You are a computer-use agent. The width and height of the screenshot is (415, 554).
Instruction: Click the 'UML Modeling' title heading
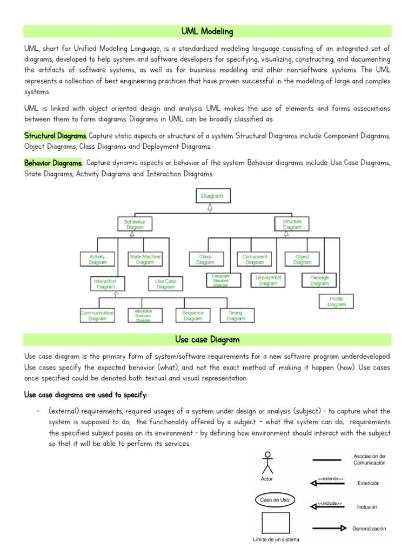(x=207, y=32)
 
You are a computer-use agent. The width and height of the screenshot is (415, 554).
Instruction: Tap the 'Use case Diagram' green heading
(x=207, y=340)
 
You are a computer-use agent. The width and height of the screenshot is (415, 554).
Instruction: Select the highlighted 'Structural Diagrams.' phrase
(x=55, y=135)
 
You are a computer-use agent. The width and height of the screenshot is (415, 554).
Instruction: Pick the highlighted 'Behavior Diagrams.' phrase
(x=53, y=163)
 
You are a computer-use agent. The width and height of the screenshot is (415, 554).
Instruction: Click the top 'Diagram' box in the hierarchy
(x=212, y=196)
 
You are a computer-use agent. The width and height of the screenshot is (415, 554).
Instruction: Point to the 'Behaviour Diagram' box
(x=135, y=225)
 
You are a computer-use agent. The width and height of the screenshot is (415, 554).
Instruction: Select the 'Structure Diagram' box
(x=292, y=225)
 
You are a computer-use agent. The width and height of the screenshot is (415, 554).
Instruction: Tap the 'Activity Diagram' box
(x=97, y=259)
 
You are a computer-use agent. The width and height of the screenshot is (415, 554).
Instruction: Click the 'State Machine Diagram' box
(x=145, y=259)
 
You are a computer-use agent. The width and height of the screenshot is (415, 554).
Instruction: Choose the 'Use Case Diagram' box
(x=165, y=284)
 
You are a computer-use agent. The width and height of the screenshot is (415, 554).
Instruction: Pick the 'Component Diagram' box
(x=255, y=259)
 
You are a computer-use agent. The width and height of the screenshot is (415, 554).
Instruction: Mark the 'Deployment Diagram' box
(x=268, y=280)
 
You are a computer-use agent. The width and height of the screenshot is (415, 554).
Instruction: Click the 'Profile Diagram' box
(x=336, y=301)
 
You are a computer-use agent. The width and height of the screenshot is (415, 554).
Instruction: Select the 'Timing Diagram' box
(x=236, y=315)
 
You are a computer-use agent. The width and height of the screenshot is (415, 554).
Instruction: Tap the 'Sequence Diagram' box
(x=193, y=315)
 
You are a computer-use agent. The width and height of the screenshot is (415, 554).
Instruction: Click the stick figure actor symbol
(x=266, y=463)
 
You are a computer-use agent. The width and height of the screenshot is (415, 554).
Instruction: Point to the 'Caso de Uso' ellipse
(x=275, y=500)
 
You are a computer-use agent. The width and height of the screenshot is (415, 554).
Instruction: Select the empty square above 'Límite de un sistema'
(x=275, y=523)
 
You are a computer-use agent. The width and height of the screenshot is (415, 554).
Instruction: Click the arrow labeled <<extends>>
(x=327, y=483)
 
